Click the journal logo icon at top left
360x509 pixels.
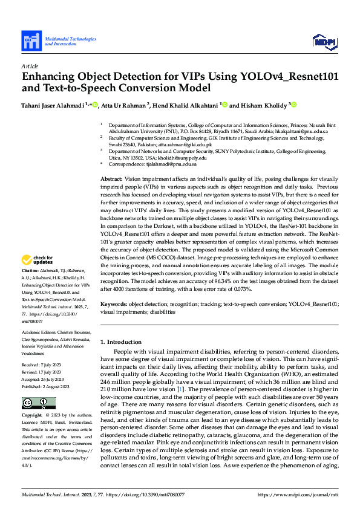click(x=31, y=41)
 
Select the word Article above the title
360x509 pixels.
click(x=29, y=66)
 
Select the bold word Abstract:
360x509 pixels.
click(x=111, y=180)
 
